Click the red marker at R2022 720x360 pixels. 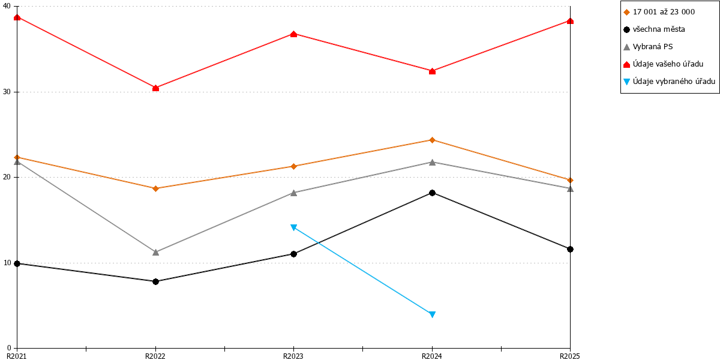(155, 88)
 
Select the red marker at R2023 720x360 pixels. (293, 34)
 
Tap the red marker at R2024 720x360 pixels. (433, 71)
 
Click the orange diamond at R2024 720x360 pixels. (433, 140)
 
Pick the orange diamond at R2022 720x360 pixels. (155, 188)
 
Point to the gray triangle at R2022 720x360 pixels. (155, 253)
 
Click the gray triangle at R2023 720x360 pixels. (293, 193)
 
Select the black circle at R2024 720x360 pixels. (433, 193)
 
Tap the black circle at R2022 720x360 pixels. (155, 281)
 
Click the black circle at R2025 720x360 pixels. (570, 249)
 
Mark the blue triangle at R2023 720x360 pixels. (293, 227)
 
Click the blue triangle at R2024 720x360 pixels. (433, 314)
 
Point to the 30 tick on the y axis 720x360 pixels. (15, 92)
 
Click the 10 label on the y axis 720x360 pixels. (7, 263)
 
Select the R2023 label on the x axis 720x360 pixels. (293, 356)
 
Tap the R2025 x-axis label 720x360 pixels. (570, 356)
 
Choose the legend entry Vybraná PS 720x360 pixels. (648, 47)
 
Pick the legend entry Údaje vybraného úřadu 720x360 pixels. (669, 82)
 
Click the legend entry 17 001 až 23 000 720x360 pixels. (659, 12)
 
